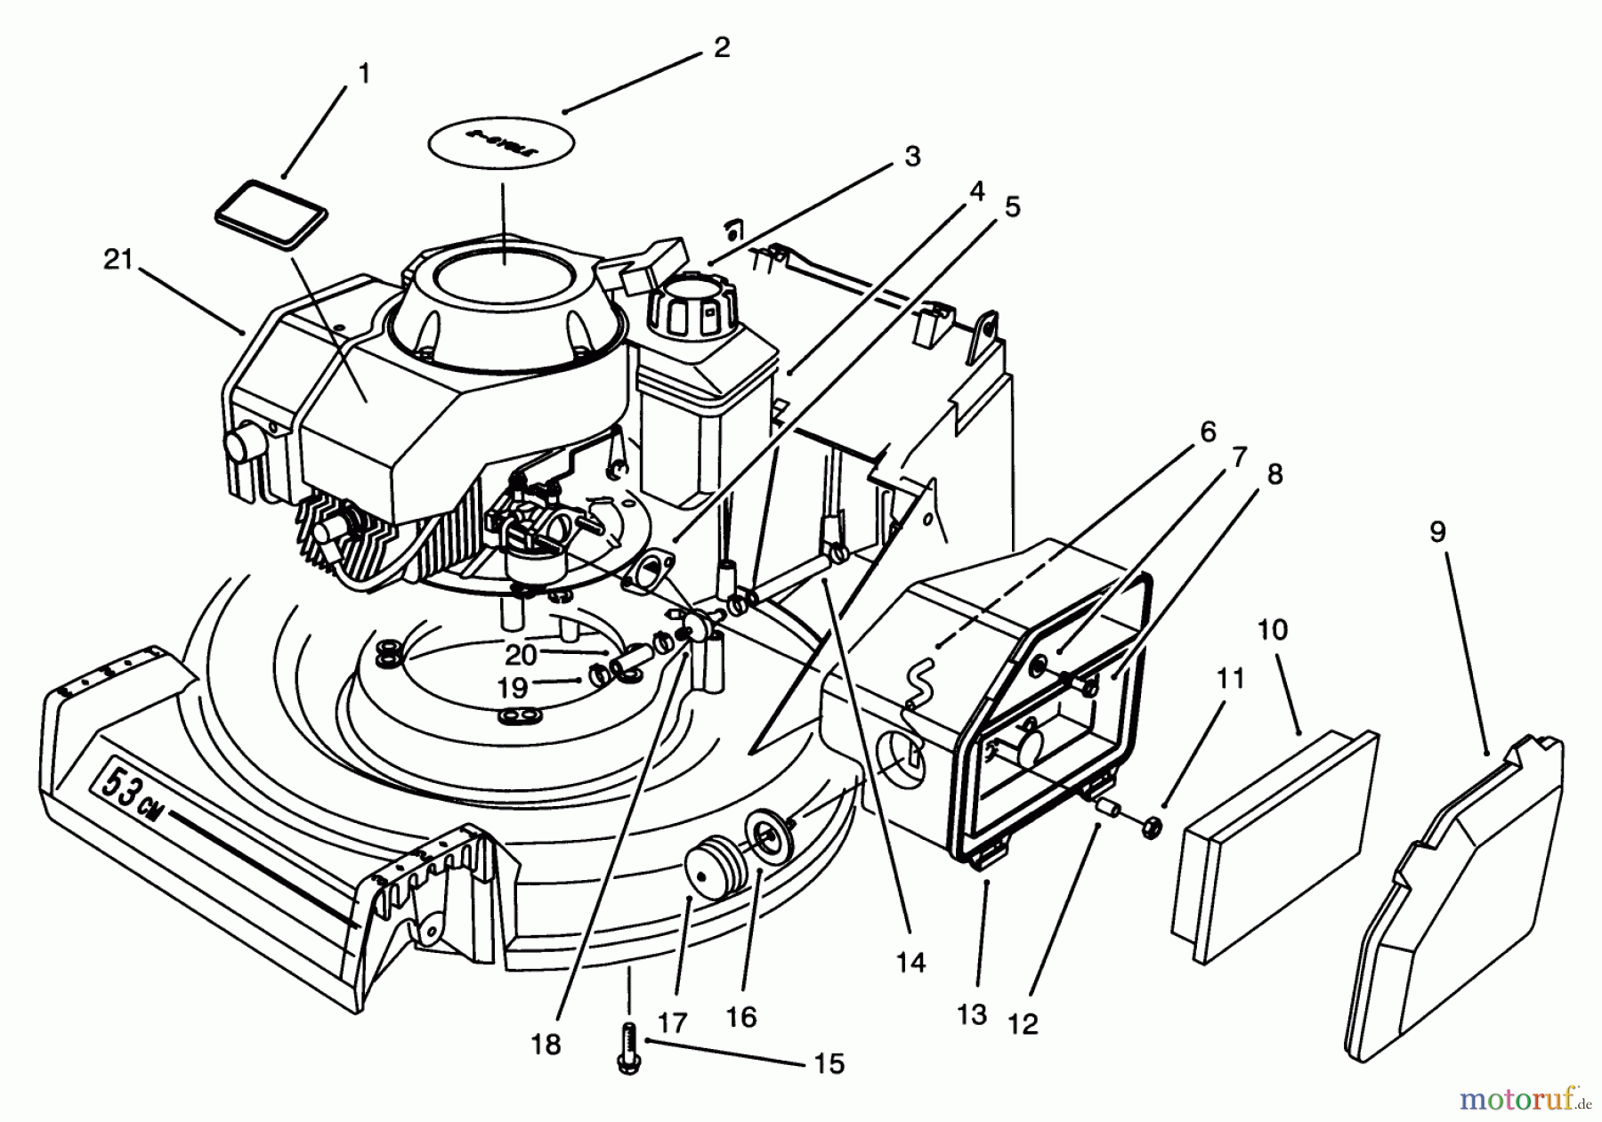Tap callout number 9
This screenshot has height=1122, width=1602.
[x=1437, y=532]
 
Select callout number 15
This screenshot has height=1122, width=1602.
[x=829, y=1063]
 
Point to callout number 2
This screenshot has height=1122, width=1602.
[x=722, y=47]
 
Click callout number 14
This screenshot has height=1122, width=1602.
[x=911, y=962]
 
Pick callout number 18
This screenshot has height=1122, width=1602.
[x=546, y=1044]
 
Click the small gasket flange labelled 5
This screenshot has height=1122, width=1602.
[x=644, y=569]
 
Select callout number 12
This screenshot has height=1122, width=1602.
[x=1024, y=1024]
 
